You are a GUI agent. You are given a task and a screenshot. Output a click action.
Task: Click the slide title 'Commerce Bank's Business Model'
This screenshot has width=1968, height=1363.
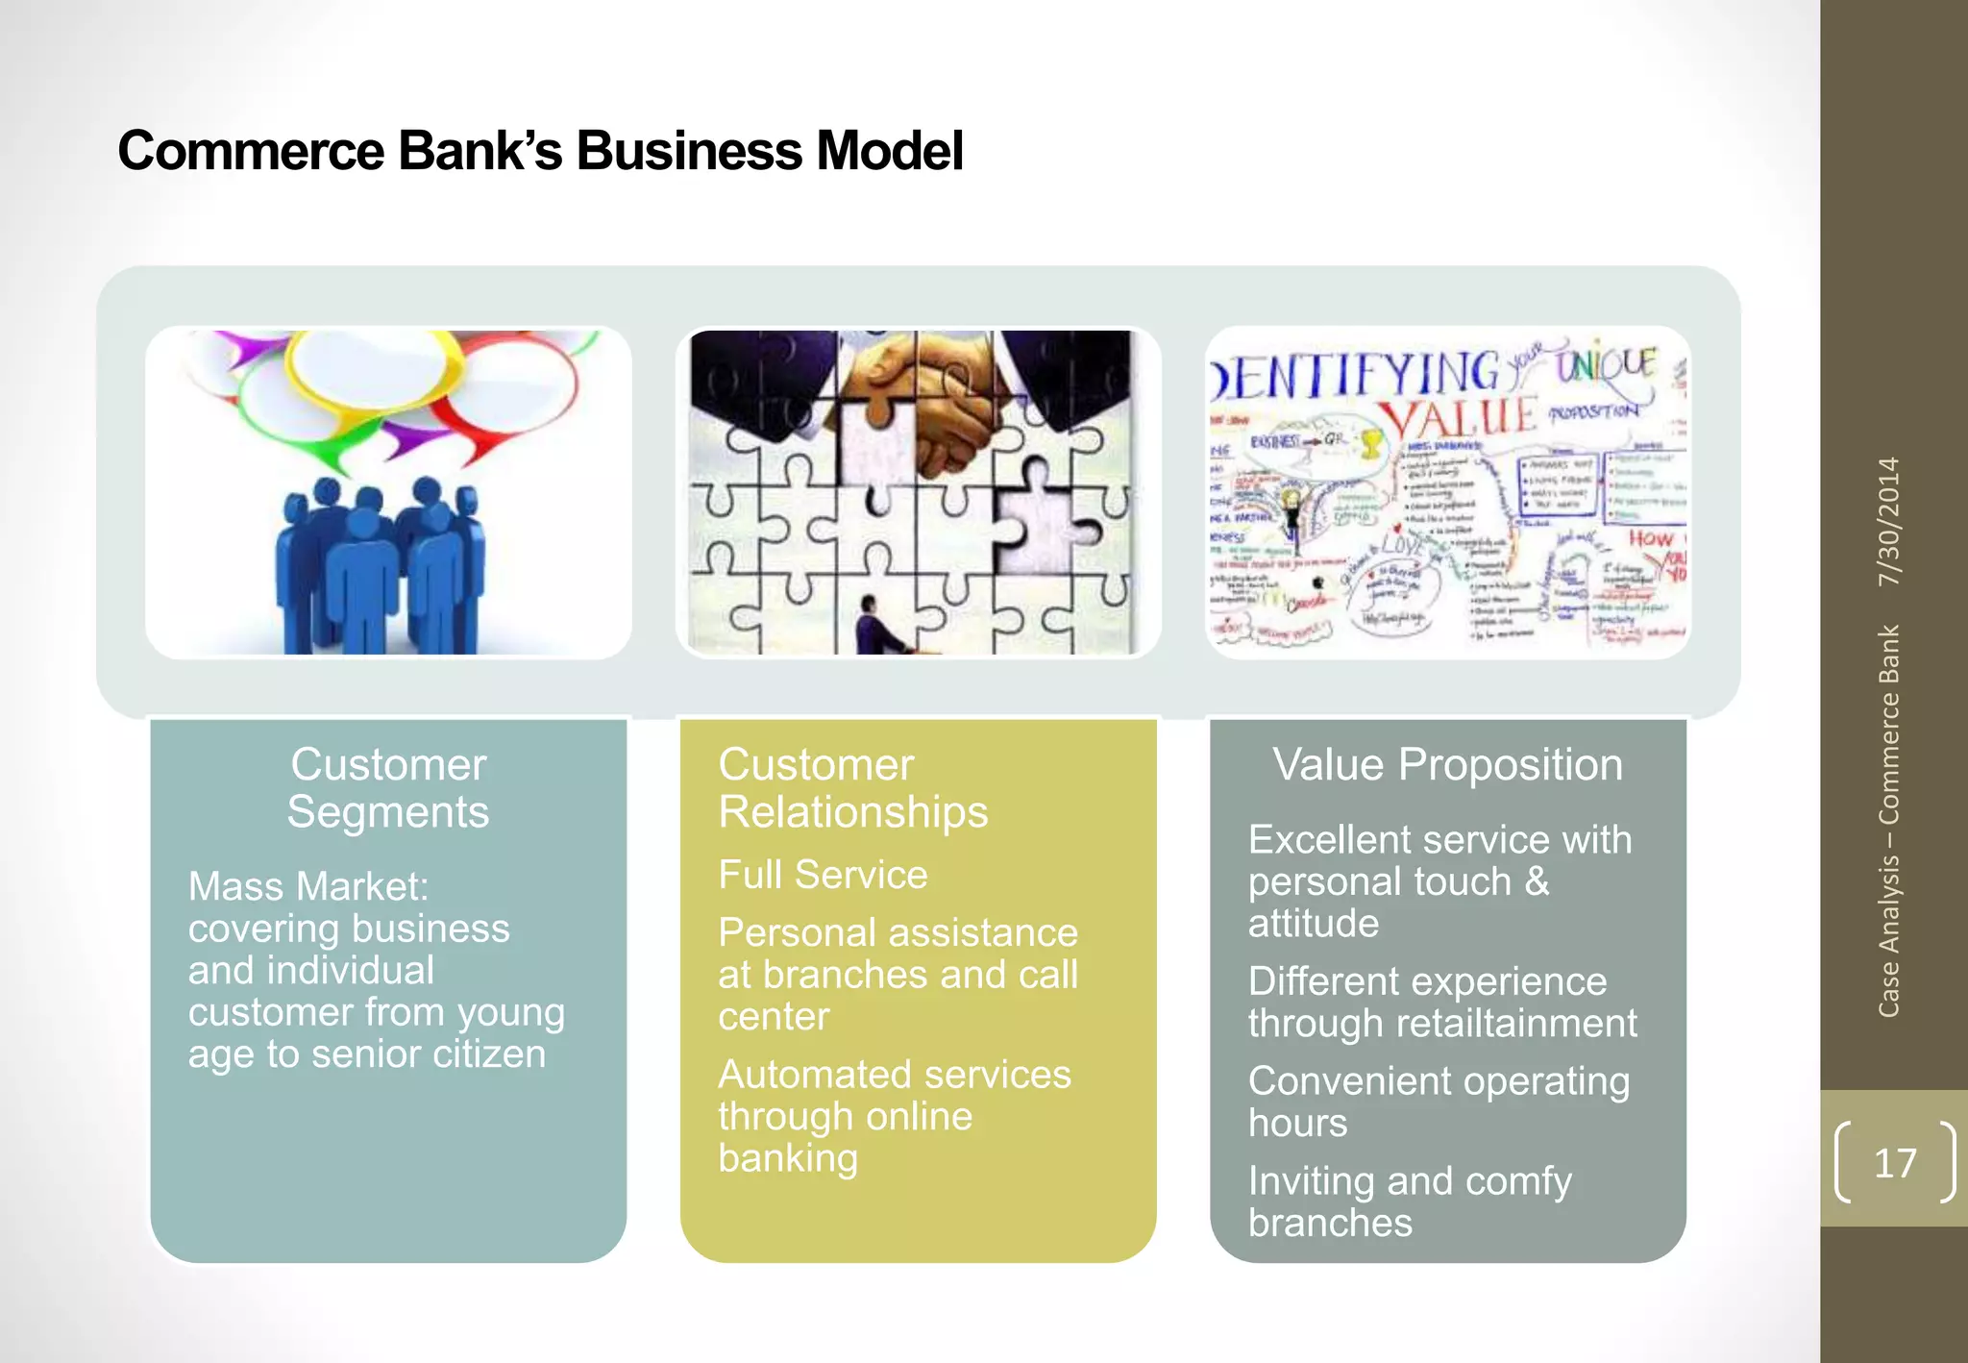click(540, 151)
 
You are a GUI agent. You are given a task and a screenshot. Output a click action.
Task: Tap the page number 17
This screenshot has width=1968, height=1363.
click(1894, 1163)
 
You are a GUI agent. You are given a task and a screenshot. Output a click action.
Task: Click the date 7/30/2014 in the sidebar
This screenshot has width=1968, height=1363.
click(1889, 521)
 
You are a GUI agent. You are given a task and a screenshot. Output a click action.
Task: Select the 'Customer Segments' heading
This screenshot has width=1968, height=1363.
click(388, 788)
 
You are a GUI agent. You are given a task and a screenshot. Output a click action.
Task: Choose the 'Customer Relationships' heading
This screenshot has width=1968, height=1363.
click(852, 788)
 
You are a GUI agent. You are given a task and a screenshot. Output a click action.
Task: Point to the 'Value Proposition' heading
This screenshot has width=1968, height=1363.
click(1447, 765)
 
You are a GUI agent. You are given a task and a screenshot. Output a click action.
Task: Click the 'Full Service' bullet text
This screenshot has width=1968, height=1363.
click(823, 875)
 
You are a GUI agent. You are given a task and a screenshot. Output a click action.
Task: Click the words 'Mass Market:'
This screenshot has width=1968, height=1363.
click(308, 886)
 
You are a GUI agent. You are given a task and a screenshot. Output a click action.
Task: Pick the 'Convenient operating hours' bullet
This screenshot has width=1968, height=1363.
click(1438, 1102)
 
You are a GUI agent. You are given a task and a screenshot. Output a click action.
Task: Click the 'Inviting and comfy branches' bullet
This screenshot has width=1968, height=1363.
click(1409, 1202)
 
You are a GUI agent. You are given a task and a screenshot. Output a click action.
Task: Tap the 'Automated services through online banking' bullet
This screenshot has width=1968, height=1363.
click(894, 1115)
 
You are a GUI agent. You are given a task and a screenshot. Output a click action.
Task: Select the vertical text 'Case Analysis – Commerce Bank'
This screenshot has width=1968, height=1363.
click(1889, 822)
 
